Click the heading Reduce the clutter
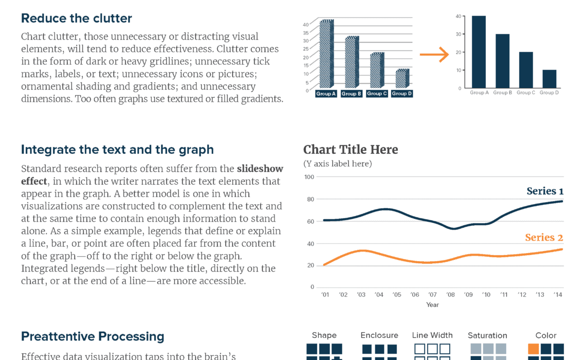77,19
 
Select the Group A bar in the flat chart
479,51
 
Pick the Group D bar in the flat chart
550,79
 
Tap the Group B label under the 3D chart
352,94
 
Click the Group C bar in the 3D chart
376,70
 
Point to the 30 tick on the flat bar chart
458,34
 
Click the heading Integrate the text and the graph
117,150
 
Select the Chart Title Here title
351,150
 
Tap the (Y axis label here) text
338,164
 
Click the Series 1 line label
545,191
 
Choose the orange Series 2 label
544,238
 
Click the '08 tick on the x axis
450,295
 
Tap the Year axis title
432,305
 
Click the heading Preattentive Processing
93,337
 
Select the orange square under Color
534,349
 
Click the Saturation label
487,336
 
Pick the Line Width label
432,335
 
